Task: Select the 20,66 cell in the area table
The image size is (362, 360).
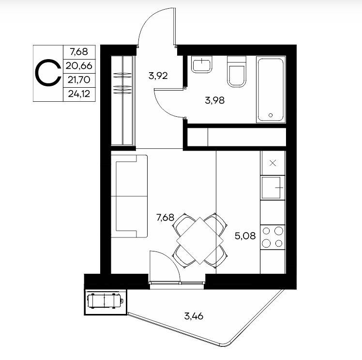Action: pos(79,66)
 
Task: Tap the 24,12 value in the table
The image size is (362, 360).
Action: pos(79,94)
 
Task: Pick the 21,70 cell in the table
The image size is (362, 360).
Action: pos(79,80)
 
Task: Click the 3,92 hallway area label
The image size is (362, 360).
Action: pos(158,76)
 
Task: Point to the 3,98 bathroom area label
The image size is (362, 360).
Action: pos(215,100)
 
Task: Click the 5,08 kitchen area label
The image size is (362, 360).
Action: pos(245,236)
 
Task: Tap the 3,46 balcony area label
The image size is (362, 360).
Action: pos(194,316)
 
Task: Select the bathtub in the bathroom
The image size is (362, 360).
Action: pos(271,90)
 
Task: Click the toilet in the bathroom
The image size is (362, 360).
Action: pos(237,71)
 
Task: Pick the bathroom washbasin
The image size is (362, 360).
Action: pos(202,64)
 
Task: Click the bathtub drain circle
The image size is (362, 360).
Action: pos(271,115)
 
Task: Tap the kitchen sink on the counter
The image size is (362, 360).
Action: pos(271,188)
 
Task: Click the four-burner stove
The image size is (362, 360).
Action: pos(272,237)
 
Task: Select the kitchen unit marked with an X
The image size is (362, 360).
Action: pos(272,163)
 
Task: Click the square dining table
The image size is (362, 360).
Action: pos(200,240)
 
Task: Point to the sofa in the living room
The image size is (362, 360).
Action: pos(129,196)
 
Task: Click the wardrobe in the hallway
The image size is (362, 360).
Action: pos(122,100)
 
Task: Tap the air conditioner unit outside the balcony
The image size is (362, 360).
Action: pos(106,300)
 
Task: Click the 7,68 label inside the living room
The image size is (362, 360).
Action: pos(166,218)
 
